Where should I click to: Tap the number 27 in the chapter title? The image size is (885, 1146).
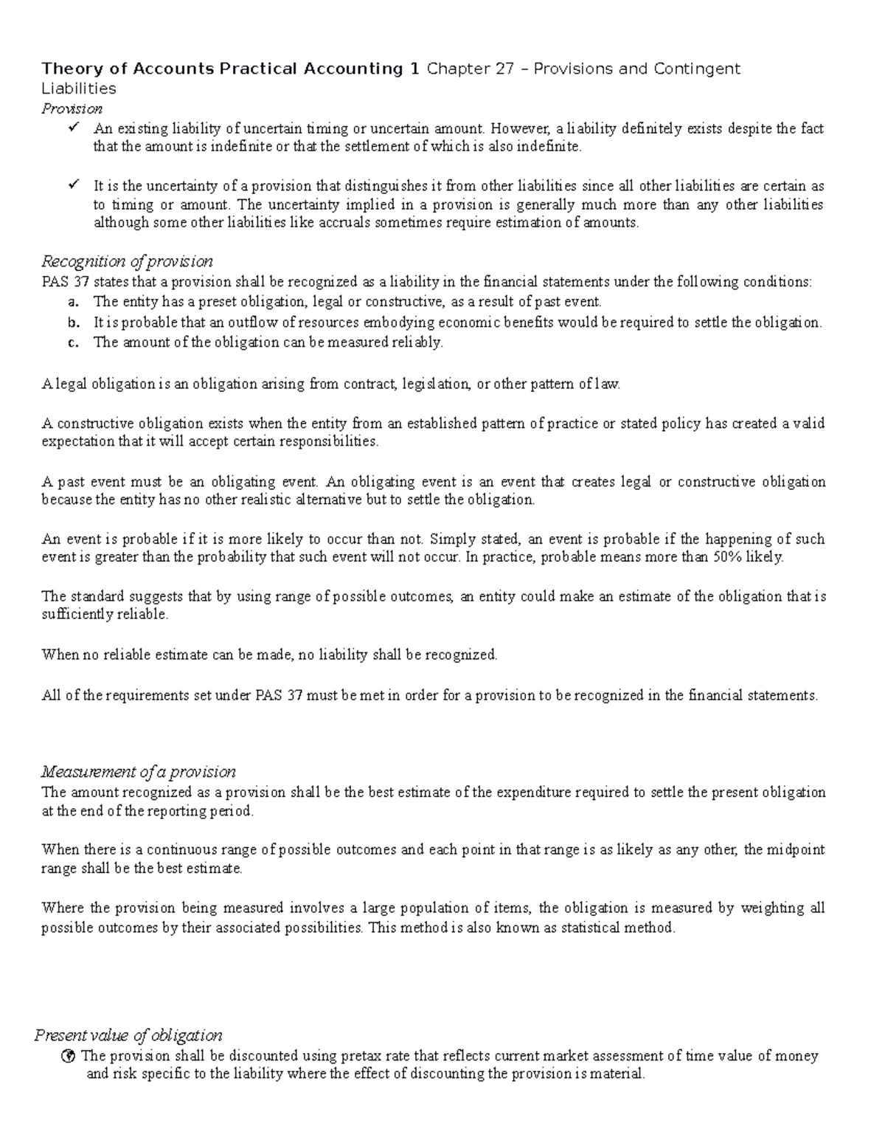coord(505,69)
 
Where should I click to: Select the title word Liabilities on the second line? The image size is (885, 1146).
coord(79,89)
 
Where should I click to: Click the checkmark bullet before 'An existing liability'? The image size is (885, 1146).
coord(72,128)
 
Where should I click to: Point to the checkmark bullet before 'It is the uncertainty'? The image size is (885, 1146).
coord(72,185)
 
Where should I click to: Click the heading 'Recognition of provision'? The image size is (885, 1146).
coord(127,261)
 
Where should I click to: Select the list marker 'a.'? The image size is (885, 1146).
coord(72,302)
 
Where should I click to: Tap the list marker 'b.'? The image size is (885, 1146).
coord(72,322)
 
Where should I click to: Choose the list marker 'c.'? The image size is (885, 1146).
coord(72,342)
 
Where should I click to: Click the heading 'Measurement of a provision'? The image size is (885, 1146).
coord(139,772)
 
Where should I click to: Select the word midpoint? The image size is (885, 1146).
coord(795,849)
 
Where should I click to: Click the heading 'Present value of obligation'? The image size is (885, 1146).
coord(128,1035)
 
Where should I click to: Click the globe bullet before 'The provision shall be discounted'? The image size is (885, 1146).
coord(69,1056)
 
